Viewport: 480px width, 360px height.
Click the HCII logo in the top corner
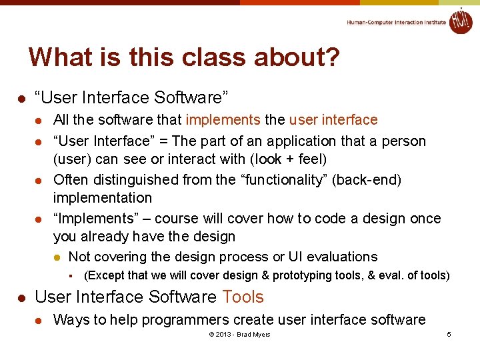(x=460, y=21)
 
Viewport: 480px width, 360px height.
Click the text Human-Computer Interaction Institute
(x=396, y=23)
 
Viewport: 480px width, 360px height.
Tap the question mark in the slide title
(x=331, y=57)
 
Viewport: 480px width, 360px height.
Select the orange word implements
(x=223, y=120)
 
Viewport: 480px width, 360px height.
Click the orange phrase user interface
(x=333, y=120)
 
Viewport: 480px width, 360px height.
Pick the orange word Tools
(x=243, y=297)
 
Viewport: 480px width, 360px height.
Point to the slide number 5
(x=449, y=334)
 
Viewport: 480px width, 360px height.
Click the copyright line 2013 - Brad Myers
(x=239, y=334)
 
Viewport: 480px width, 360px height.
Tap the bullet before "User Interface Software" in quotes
(x=21, y=99)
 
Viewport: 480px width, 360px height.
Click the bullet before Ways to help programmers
(x=39, y=321)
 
